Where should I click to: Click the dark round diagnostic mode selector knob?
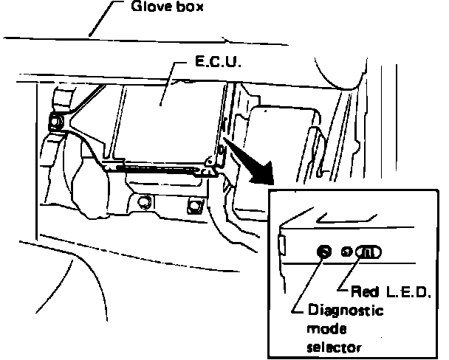click(x=322, y=252)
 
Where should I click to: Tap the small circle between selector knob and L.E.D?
click(x=346, y=252)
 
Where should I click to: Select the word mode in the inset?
click(x=319, y=328)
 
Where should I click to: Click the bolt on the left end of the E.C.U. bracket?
click(x=55, y=122)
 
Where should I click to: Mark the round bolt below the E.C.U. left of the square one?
click(x=145, y=201)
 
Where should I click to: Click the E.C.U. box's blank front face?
click(x=162, y=118)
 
